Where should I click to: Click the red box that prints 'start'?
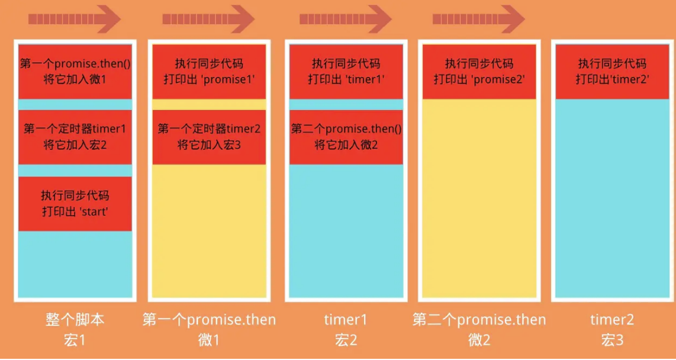(x=75, y=203)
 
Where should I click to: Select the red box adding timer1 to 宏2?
(x=75, y=137)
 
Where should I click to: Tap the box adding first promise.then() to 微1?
(x=75, y=71)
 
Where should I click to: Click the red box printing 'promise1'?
(x=209, y=71)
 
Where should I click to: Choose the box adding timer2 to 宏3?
(x=209, y=137)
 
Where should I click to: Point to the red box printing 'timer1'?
(x=346, y=71)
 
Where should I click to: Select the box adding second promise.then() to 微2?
(x=346, y=137)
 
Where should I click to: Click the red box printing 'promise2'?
(x=479, y=71)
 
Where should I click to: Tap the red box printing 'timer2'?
(x=613, y=71)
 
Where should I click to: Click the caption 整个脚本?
(x=75, y=320)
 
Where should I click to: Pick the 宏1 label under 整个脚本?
(x=75, y=340)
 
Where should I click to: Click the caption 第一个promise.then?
(x=209, y=320)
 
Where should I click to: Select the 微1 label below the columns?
(x=209, y=340)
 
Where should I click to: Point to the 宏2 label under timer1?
(x=346, y=340)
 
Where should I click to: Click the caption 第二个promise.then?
(x=479, y=320)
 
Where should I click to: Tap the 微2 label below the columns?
(x=479, y=340)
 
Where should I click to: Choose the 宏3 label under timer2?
(x=613, y=340)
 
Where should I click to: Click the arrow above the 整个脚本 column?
(x=75, y=20)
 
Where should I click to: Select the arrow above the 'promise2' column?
(x=478, y=20)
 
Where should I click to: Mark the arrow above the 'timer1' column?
(x=345, y=20)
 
